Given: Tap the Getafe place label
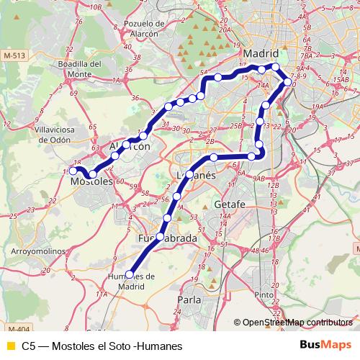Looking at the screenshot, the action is [230, 205].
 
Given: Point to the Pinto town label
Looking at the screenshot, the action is [264, 294].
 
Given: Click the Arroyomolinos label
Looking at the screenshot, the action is [37, 251].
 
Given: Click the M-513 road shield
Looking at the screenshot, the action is [14, 55].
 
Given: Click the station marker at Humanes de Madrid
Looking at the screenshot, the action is [130, 274].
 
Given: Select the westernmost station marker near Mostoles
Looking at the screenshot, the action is [73, 171].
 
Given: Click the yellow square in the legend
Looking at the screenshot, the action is [10, 346].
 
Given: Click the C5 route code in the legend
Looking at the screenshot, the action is [29, 346].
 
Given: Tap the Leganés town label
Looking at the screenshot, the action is [196, 175].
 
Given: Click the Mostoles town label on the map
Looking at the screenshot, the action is [92, 183].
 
